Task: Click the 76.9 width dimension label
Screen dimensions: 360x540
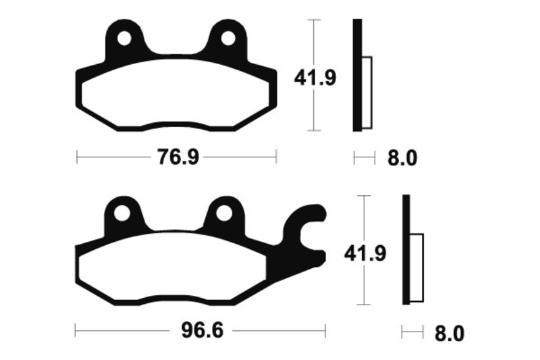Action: point(178,158)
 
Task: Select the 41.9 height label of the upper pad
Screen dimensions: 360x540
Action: point(315,79)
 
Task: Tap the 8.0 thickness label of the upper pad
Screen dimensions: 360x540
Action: point(402,159)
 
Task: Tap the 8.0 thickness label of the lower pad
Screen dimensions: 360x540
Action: point(450,333)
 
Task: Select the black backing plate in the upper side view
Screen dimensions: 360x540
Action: point(358,74)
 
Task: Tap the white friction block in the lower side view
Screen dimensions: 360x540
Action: point(416,267)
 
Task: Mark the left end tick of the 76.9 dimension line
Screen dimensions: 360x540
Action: point(78,158)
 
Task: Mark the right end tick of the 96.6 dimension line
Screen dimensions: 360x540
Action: point(325,332)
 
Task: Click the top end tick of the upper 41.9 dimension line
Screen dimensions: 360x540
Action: point(312,20)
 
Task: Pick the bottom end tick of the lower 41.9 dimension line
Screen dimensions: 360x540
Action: point(364,304)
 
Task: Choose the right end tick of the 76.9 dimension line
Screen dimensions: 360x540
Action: point(277,158)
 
